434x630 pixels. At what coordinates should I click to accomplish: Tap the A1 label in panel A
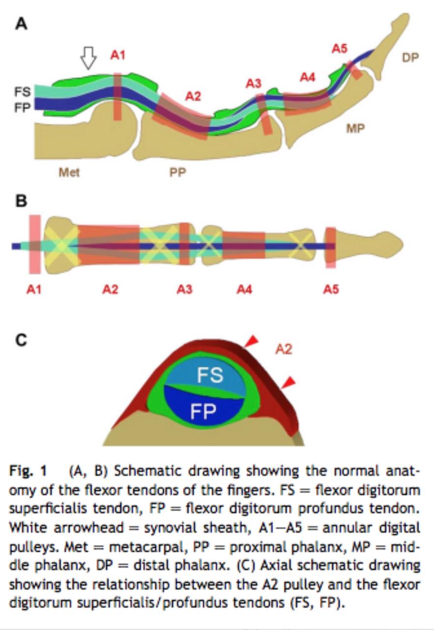click(118, 55)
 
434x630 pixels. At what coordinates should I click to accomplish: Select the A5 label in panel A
click(339, 48)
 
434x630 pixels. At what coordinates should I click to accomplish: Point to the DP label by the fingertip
click(410, 58)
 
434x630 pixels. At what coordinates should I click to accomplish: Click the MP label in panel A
click(355, 128)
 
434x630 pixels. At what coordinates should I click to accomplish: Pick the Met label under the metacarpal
click(69, 172)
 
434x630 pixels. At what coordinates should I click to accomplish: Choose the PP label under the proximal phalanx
click(178, 173)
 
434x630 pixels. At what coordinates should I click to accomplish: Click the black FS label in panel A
click(23, 92)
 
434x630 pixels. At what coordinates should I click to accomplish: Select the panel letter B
click(21, 202)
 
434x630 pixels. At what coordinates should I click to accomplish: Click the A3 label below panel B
click(185, 289)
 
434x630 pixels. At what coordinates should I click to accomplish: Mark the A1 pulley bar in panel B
click(34, 244)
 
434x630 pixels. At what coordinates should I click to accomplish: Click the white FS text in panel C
click(210, 375)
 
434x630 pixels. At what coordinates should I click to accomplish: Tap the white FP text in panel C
click(203, 410)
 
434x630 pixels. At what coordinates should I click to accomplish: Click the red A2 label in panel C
click(283, 349)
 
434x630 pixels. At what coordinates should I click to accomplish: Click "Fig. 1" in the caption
click(28, 471)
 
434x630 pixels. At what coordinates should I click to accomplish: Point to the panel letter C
click(21, 340)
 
